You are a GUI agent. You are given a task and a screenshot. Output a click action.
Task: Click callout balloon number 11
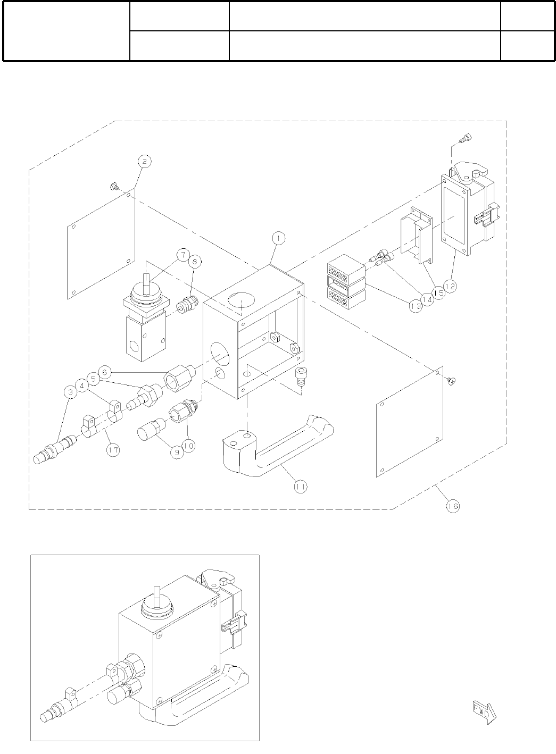click(x=301, y=485)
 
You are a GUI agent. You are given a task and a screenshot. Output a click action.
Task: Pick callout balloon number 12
click(x=450, y=286)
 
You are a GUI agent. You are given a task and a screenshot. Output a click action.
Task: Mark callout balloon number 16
click(x=452, y=506)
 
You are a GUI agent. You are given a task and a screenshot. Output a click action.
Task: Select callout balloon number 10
click(x=189, y=445)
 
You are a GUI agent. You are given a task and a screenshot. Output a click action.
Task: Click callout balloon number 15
click(x=438, y=292)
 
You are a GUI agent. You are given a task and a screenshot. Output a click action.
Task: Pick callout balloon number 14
click(x=426, y=300)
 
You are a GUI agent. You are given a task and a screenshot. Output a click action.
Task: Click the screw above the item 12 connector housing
click(x=466, y=138)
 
